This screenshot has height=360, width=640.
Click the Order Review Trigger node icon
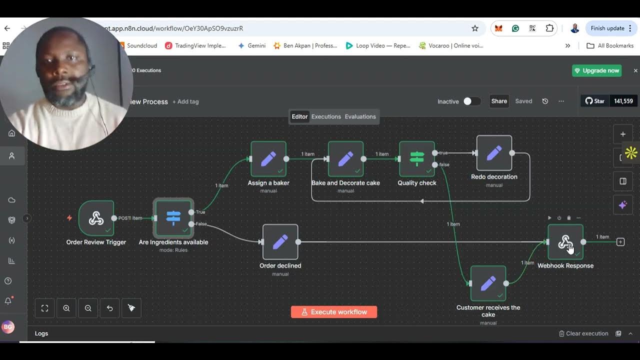coord(96,218)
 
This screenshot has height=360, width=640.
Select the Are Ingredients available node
coord(173,218)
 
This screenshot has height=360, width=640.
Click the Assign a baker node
coord(268,159)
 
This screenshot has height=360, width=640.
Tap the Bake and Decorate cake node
coord(345,159)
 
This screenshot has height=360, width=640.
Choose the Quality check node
coord(417,159)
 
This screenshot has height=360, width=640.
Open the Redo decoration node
coord(494,153)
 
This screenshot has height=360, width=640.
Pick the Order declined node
coord(280,242)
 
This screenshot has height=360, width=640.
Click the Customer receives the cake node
coord(488,283)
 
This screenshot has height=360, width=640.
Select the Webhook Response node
coord(565,242)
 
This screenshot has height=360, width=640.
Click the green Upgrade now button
coord(596,70)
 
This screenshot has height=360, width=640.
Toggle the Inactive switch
coord(471,101)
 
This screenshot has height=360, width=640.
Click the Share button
coord(499,101)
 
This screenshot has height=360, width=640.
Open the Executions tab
coord(326,116)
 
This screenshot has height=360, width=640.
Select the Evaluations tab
coord(360,116)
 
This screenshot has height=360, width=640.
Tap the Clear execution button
coord(583,333)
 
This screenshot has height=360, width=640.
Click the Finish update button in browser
coord(607,28)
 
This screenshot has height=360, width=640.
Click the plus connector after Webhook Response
coord(620,242)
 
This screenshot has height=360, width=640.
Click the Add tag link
coord(185,101)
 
